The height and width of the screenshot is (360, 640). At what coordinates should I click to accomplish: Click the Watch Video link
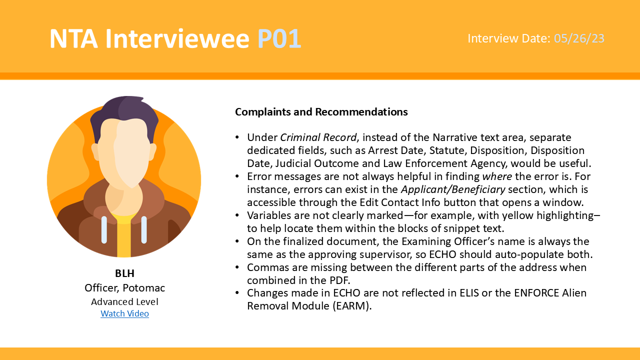pyautogui.click(x=124, y=313)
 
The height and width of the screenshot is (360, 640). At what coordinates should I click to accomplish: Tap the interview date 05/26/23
pyautogui.click(x=579, y=38)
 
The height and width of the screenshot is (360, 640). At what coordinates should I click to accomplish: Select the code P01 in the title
pyautogui.click(x=279, y=38)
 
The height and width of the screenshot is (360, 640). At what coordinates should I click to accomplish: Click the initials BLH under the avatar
pyautogui.click(x=124, y=273)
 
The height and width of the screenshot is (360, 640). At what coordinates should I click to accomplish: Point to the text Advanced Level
pyautogui.click(x=124, y=301)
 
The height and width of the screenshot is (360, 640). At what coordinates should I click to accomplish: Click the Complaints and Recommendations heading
pyautogui.click(x=321, y=111)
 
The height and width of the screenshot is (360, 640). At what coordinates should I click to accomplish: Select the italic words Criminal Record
pyautogui.click(x=318, y=137)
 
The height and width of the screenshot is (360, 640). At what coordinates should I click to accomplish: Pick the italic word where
pyautogui.click(x=497, y=176)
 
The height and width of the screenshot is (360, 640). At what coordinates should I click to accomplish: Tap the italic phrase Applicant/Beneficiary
pyautogui.click(x=453, y=189)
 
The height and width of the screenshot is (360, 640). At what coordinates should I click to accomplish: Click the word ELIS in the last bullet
pyautogui.click(x=469, y=293)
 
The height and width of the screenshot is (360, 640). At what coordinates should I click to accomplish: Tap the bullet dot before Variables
pyautogui.click(x=237, y=215)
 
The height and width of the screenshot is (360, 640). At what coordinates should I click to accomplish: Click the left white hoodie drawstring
pyautogui.click(x=104, y=229)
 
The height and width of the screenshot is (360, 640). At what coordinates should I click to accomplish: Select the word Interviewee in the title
pyautogui.click(x=177, y=38)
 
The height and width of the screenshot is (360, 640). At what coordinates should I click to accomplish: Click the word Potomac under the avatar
pyautogui.click(x=143, y=287)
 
